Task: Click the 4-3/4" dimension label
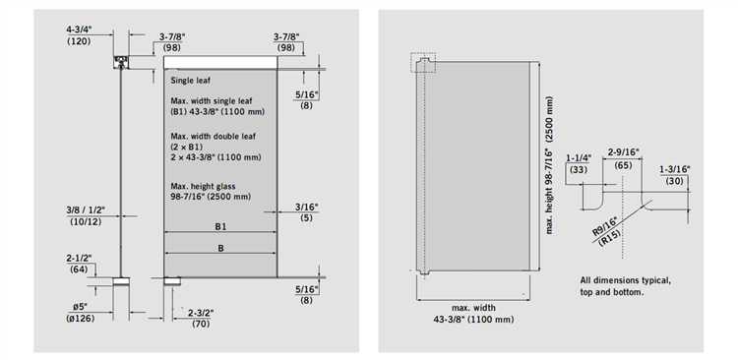pyautogui.click(x=79, y=30)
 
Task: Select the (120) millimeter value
pyautogui.click(x=79, y=41)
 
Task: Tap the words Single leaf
pyautogui.click(x=191, y=81)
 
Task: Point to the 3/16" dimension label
pyautogui.click(x=307, y=207)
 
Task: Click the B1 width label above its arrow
pyautogui.click(x=220, y=226)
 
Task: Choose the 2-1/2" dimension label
pyautogui.click(x=79, y=258)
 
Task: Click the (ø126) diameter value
pyautogui.click(x=81, y=319)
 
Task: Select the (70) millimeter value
pyautogui.click(x=201, y=324)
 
